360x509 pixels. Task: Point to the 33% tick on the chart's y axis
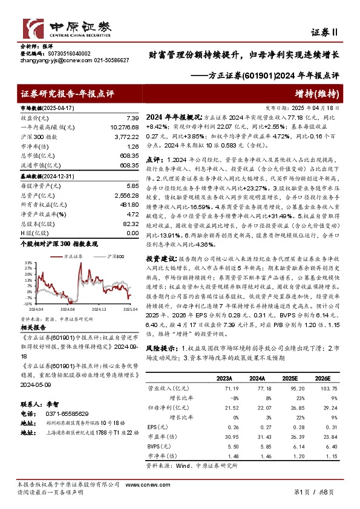pyautogui.click(x=27, y=247)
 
